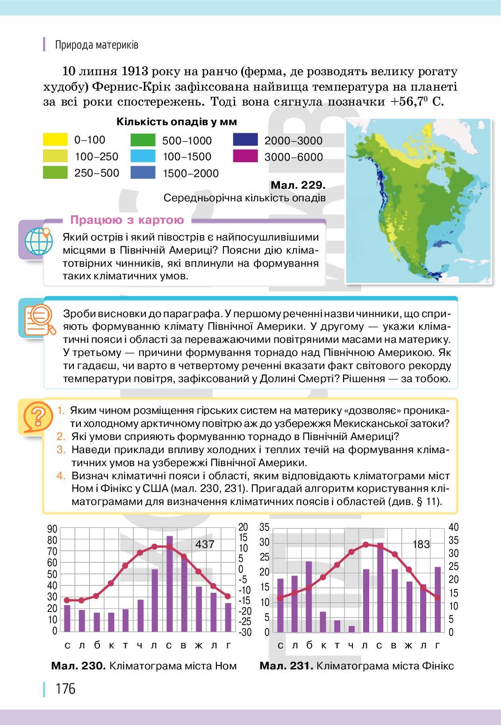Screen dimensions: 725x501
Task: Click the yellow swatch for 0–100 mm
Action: (55, 140)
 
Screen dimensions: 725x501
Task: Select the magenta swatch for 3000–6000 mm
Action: (245, 156)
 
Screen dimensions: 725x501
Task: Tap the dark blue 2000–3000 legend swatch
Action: (245, 140)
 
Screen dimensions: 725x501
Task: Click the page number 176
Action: (65, 689)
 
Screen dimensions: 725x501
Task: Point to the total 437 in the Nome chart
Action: (205, 544)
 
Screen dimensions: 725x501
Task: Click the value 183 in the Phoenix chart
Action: (421, 544)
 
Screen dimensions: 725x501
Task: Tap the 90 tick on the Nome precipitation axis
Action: (52, 529)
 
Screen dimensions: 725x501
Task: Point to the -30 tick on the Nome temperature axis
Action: (245, 632)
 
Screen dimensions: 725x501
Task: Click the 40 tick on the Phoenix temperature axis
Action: (453, 527)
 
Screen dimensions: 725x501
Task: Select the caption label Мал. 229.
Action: (298, 185)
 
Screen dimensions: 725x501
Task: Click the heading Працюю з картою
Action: (127, 220)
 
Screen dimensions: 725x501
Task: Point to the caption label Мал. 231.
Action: (286, 666)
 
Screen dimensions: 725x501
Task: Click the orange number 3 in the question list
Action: (61, 450)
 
